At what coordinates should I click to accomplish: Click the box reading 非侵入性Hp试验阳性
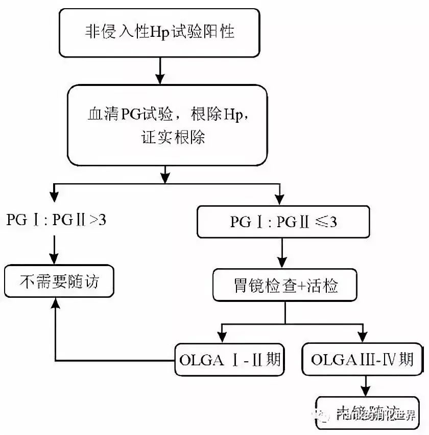click(x=160, y=32)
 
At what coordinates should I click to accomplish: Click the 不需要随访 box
click(x=58, y=281)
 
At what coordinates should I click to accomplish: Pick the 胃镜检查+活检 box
click(x=283, y=285)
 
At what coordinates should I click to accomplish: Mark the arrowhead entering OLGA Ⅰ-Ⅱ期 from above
click(x=221, y=336)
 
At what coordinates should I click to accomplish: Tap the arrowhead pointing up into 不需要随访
click(x=54, y=304)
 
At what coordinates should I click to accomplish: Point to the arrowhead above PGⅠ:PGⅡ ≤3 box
click(x=279, y=196)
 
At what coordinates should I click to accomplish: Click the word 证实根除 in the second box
click(x=166, y=138)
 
